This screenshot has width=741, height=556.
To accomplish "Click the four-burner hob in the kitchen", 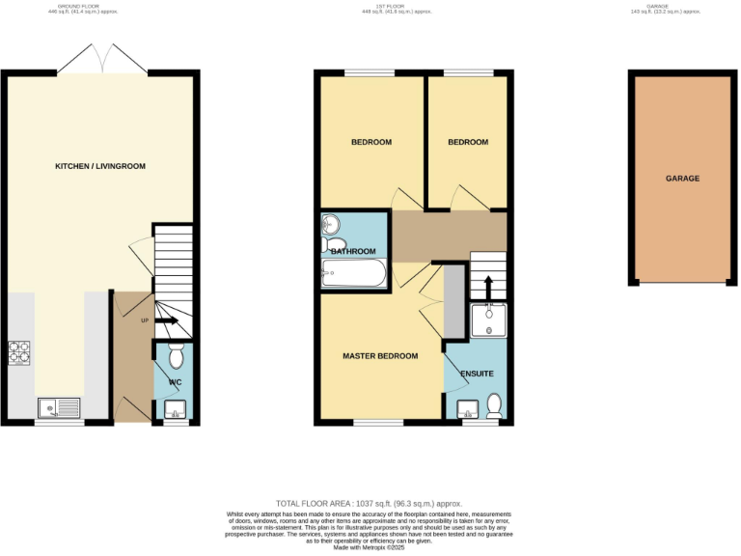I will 20,354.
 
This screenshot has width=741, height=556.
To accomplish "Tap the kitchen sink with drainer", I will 60,407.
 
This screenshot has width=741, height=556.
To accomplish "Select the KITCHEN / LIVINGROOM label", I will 99,166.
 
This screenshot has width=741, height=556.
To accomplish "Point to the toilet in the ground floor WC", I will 175,357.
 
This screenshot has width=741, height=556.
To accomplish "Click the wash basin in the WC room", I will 175,408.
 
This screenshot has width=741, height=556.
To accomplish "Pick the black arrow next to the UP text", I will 167,320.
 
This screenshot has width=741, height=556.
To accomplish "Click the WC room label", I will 175,383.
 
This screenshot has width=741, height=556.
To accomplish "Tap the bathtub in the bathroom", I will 353,275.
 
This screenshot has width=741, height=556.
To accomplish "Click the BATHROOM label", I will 353,252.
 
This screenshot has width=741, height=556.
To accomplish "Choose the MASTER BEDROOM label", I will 380,356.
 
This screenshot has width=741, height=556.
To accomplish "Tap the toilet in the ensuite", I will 495,403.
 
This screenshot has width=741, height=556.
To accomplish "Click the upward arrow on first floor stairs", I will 488,287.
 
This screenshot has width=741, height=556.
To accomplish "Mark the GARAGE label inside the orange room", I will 682,179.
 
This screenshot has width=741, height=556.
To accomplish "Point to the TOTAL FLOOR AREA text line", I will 370,504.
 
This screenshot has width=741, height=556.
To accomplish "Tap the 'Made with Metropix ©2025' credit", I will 370,547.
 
